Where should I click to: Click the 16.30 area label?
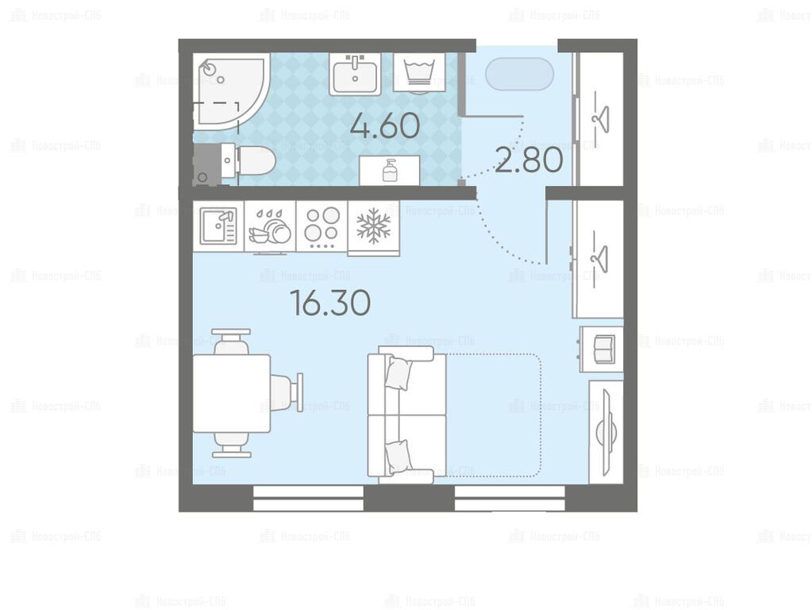click(x=330, y=303)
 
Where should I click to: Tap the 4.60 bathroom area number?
click(x=385, y=126)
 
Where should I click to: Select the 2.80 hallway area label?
click(x=529, y=160)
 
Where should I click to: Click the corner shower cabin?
click(x=231, y=90)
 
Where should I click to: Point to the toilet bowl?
click(x=248, y=160)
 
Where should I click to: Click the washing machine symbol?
click(x=419, y=72)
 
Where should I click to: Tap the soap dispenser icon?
click(x=390, y=169)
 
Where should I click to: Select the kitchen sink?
click(x=218, y=226)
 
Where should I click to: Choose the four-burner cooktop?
click(x=321, y=226)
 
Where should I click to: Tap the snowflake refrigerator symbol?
click(x=373, y=226)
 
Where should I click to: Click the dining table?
click(x=232, y=393)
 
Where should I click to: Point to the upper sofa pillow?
click(x=398, y=372)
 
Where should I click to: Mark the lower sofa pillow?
click(x=398, y=456)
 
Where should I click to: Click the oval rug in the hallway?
click(x=519, y=74)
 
